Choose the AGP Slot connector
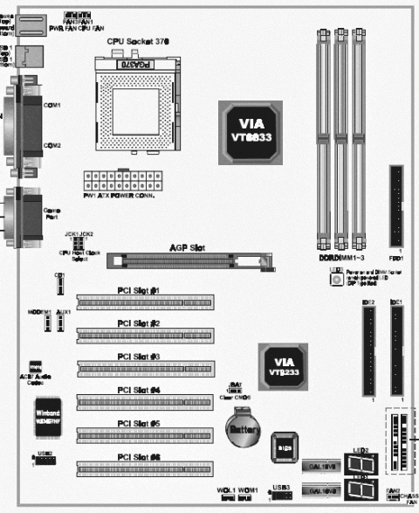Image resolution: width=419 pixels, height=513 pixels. click(x=192, y=260)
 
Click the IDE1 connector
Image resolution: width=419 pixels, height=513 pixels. click(x=397, y=350)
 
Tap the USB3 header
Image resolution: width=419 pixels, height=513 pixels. click(x=281, y=495)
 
